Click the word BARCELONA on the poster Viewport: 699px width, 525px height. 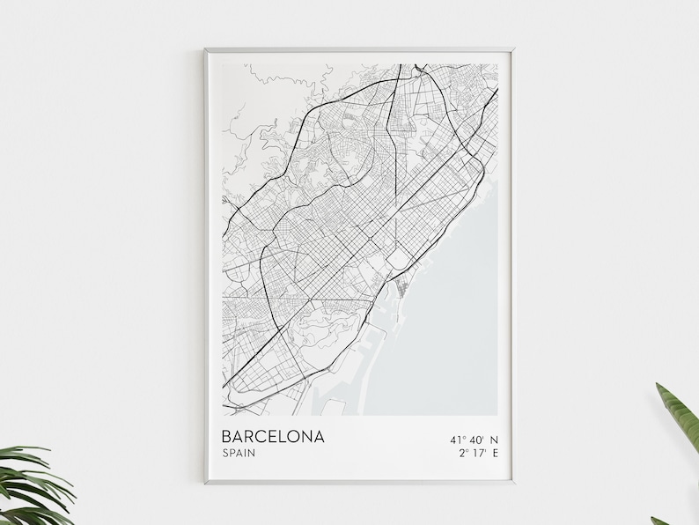[273, 436]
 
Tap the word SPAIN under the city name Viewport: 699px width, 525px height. [241, 455]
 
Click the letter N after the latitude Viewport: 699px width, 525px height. [495, 438]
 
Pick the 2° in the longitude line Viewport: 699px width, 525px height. [464, 455]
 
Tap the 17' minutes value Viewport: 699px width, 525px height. [479, 455]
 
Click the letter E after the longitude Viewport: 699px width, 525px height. [495, 455]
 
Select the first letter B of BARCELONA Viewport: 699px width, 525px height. [228, 436]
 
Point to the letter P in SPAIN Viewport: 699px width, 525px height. [233, 455]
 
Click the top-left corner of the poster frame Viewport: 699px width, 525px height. [205, 48]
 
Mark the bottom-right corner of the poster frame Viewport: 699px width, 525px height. [514, 483]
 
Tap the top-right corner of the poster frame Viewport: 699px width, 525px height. [514, 48]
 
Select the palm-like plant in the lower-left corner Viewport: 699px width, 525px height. [35, 484]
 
